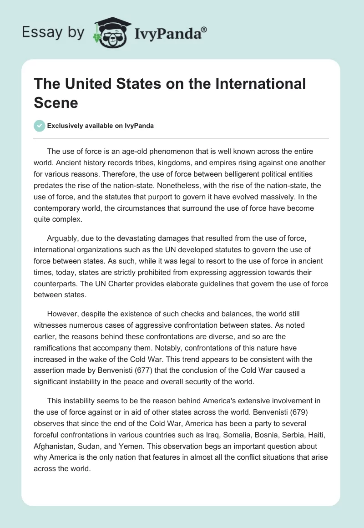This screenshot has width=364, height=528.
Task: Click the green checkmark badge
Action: pos(39,126)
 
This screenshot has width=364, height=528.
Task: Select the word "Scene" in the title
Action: pos(56,102)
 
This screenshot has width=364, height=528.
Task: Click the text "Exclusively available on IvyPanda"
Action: pos(100,126)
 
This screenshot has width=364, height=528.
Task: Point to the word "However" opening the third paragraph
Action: pos(61,314)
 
